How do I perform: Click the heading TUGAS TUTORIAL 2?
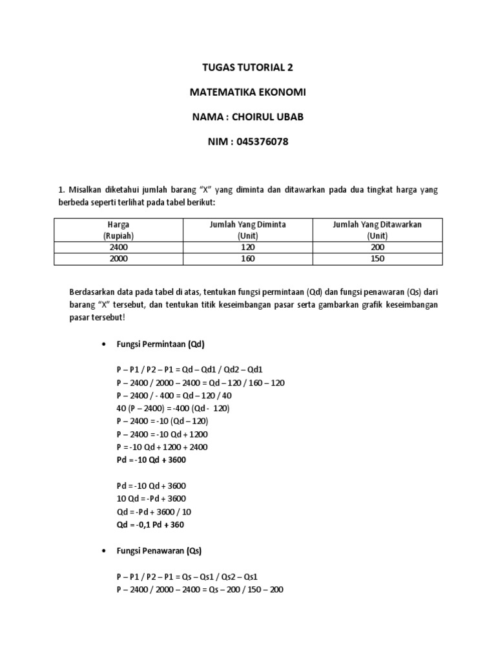(247, 67)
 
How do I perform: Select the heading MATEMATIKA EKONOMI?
(247, 92)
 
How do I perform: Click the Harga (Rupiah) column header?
(118, 230)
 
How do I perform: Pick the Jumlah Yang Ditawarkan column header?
(377, 230)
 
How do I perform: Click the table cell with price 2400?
(118, 247)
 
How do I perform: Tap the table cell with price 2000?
(118, 259)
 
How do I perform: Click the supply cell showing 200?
(377, 247)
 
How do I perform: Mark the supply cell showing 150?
(377, 259)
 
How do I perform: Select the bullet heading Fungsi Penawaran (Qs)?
(160, 551)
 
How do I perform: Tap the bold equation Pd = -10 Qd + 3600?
(156, 460)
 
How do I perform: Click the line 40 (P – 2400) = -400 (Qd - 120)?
(174, 408)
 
